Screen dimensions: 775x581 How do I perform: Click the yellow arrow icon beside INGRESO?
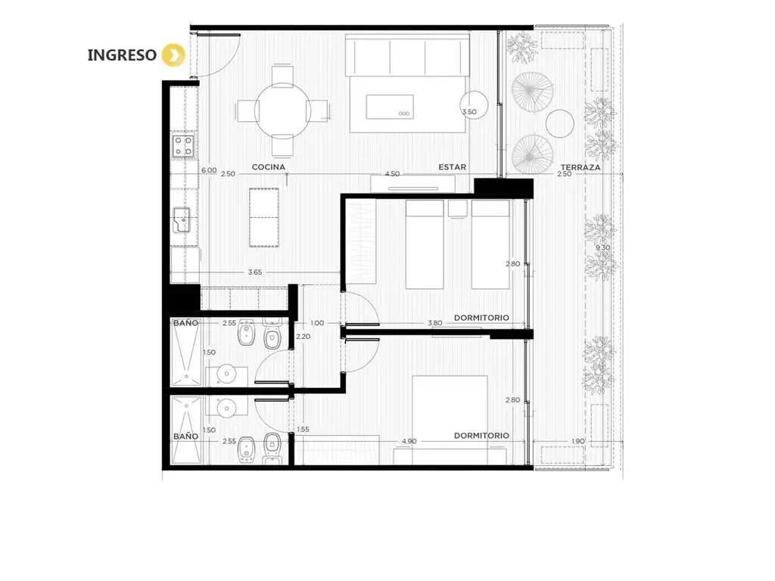tap(173, 54)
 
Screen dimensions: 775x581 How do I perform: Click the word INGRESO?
tap(122, 54)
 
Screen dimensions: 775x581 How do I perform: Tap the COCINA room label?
tap(269, 167)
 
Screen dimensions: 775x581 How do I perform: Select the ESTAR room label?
tap(453, 167)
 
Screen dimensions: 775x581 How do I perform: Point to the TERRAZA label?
tap(580, 167)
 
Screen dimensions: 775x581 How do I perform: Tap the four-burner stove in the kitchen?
tap(183, 146)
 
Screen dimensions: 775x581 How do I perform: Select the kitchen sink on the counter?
tap(182, 219)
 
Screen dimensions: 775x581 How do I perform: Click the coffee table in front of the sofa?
tap(390, 107)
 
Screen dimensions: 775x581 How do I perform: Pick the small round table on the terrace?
tap(560, 123)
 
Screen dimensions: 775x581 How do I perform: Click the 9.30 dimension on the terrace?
tap(602, 247)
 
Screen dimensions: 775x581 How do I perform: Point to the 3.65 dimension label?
tap(255, 272)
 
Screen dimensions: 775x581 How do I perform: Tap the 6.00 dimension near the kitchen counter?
tap(209, 170)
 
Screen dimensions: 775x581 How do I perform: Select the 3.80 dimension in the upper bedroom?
tap(435, 323)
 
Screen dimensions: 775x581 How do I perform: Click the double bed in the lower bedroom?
tap(450, 420)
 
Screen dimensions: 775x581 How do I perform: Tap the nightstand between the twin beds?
tap(457, 208)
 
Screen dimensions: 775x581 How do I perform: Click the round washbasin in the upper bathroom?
tap(227, 374)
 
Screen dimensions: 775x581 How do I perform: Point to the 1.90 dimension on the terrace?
tap(577, 441)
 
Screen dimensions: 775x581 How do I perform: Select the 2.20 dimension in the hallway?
tap(303, 337)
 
